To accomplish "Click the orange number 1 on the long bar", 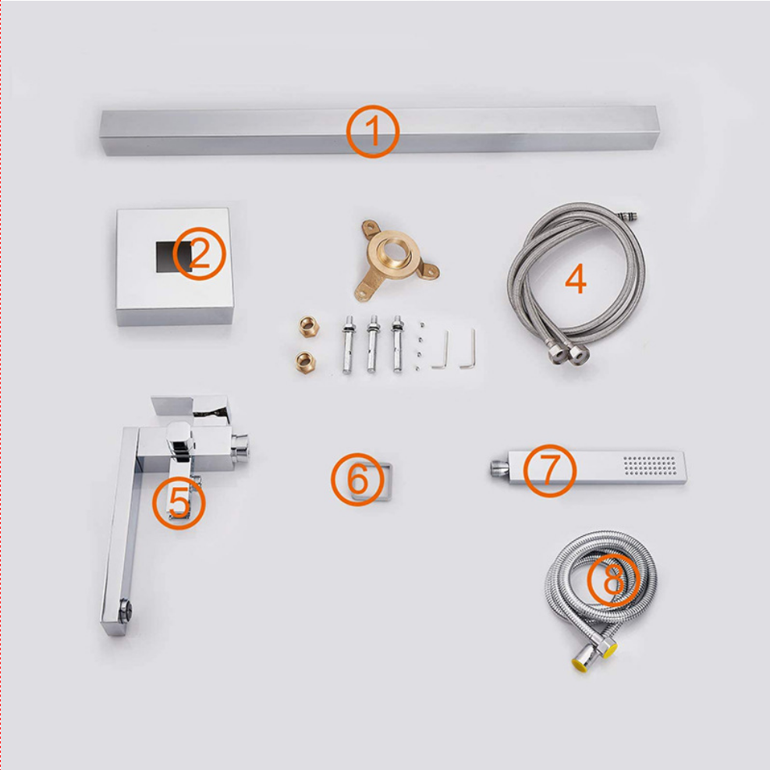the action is pos(373,131).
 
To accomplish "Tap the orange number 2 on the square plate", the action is pos(199,254).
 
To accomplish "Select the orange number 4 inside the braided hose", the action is pos(576,279).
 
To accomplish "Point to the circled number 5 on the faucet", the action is pos(179,503).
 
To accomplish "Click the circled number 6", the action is pos(357,479).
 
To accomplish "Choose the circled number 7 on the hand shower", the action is pos(549,470).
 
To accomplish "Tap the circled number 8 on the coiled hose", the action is pos(613,580).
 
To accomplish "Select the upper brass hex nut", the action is pos(309,327).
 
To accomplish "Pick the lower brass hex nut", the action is pos(306,363).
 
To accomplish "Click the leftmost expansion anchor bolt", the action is pos(348,345).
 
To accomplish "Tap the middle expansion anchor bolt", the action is pos(373,344).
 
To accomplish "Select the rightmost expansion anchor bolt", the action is pos(397,344).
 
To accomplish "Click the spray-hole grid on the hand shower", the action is pos(650,466).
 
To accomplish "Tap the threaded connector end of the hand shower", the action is pos(499,468).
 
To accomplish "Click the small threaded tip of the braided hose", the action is pos(628,215).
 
